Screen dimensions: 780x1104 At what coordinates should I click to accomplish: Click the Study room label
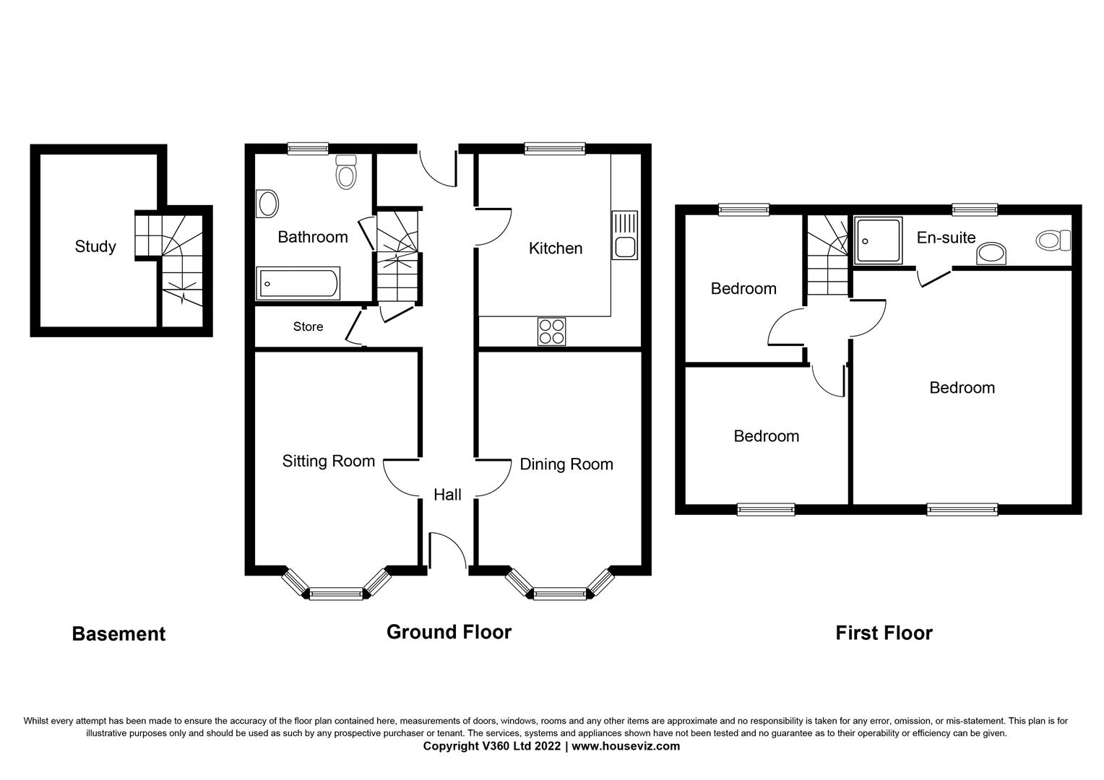[95, 246]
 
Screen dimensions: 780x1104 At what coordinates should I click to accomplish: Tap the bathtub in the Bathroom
[298, 284]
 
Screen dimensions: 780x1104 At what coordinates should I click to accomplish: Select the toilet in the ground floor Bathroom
[346, 172]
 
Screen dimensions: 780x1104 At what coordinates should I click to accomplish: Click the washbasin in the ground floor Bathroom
[267, 204]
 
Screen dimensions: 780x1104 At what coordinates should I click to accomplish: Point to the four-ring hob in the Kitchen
[551, 331]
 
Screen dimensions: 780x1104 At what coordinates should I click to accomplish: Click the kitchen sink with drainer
[624, 235]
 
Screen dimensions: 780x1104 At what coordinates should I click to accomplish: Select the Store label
[308, 326]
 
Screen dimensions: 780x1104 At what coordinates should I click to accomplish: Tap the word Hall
[447, 495]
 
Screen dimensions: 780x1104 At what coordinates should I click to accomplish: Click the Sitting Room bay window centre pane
[335, 594]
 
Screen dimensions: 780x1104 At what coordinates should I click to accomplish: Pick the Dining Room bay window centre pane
[559, 594]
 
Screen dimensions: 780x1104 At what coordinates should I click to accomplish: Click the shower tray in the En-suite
[879, 240]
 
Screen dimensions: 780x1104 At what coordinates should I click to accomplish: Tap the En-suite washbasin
[991, 254]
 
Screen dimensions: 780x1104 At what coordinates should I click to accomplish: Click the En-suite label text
[946, 237]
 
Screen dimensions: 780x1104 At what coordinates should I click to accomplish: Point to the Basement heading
[118, 634]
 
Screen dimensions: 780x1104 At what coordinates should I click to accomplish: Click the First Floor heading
[884, 633]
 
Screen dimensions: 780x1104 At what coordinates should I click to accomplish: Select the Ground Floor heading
[449, 632]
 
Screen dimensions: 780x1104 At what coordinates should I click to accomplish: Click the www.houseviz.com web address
[626, 746]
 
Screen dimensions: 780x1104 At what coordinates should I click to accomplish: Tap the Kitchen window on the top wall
[554, 149]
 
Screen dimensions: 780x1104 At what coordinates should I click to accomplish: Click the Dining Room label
[566, 464]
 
